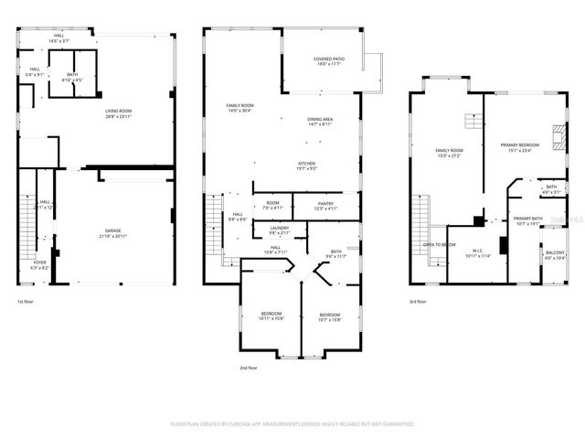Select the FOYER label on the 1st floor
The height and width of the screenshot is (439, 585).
[x=40, y=262]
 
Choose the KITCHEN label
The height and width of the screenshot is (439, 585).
[x=306, y=164]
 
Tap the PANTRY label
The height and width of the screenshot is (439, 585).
[x=325, y=204]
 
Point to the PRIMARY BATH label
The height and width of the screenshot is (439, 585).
[x=528, y=218]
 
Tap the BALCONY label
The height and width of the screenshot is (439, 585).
[x=555, y=253]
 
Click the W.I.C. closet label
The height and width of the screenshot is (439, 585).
[x=478, y=251]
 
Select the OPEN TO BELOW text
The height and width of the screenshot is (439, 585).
[x=440, y=244]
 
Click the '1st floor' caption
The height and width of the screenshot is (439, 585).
[x=26, y=301]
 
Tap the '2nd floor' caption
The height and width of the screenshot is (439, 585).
[x=248, y=368]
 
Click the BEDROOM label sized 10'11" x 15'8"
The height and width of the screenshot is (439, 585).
[x=271, y=314]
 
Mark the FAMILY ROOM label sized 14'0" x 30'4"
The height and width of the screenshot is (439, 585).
[x=240, y=106]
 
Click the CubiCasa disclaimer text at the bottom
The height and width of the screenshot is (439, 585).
[x=292, y=423]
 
